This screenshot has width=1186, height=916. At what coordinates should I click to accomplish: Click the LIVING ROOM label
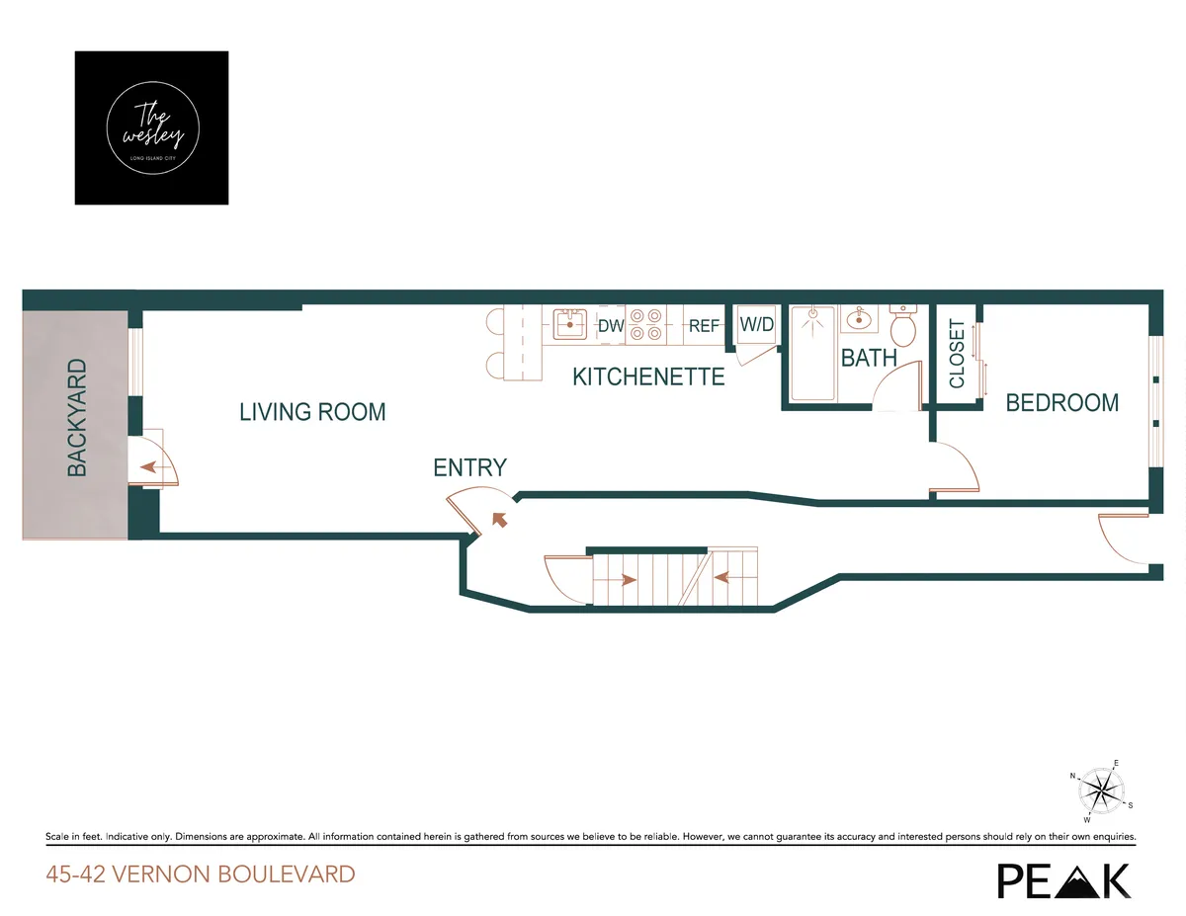tap(312, 412)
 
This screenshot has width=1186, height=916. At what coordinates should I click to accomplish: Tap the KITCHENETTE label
tap(648, 376)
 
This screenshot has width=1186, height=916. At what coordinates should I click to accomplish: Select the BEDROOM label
tap(1062, 403)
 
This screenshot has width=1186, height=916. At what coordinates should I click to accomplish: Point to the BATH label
tap(869, 358)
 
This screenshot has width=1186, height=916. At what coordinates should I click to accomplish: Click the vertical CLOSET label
tap(957, 354)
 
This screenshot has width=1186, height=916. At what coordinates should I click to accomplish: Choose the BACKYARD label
tap(77, 418)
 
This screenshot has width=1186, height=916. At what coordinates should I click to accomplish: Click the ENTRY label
tap(469, 467)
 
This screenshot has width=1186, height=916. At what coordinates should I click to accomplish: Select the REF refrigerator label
tap(704, 325)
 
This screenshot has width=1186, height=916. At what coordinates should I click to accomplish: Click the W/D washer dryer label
tap(756, 324)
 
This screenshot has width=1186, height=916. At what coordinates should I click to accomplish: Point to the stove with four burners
tap(646, 325)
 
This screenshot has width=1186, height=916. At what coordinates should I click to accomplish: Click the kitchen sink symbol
tap(569, 323)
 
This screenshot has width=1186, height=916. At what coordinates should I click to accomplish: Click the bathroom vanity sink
tap(858, 319)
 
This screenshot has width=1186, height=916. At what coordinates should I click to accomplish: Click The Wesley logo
tap(151, 128)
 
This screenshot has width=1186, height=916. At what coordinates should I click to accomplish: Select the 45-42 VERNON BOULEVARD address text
tap(200, 874)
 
